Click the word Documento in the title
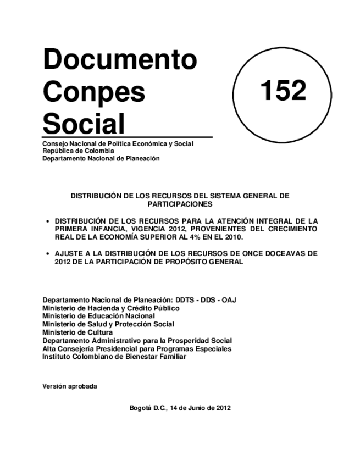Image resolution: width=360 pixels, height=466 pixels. click(x=119, y=59)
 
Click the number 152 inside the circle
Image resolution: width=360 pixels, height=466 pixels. click(x=283, y=90)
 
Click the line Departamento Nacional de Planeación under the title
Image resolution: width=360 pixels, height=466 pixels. click(x=101, y=158)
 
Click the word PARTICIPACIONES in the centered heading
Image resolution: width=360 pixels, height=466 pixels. click(x=180, y=203)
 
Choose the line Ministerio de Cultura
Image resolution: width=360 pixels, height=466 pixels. click(x=77, y=332)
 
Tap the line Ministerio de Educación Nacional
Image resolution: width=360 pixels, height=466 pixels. click(x=98, y=316)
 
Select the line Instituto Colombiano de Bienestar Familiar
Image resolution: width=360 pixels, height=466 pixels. click(x=114, y=357)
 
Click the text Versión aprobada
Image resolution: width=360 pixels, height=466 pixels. click(x=70, y=386)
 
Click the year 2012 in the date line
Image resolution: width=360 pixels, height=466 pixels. click(x=222, y=408)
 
